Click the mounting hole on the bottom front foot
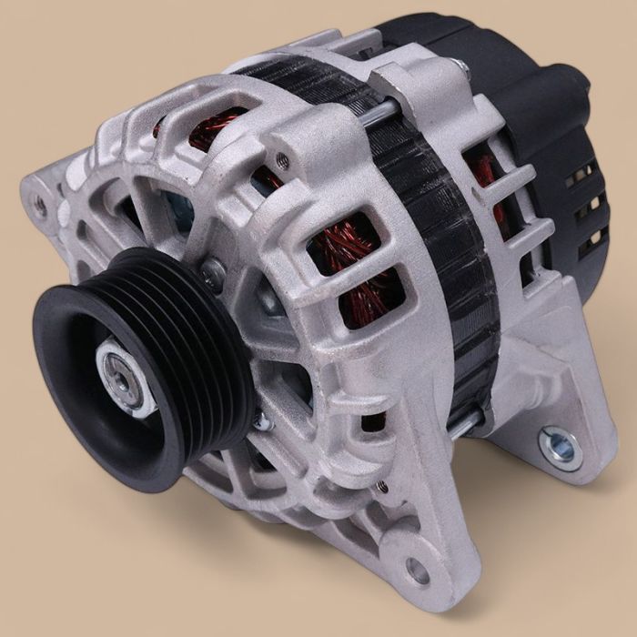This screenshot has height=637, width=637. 417,571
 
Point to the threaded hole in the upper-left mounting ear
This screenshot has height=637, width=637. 40,205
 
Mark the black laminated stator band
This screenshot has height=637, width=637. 437,237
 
